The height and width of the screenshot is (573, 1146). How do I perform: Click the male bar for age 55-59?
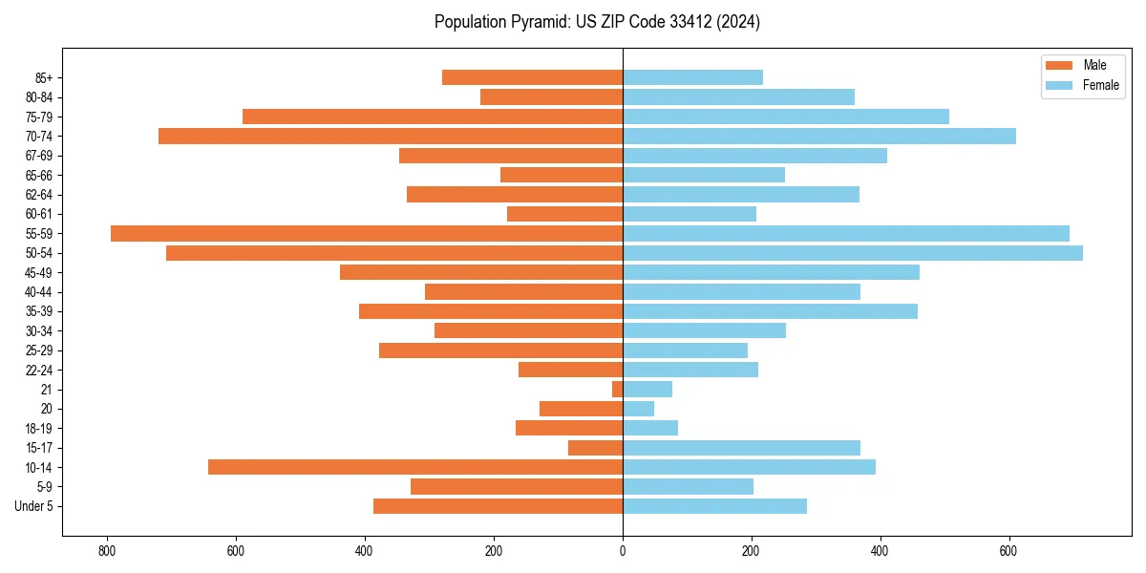pyautogui.click(x=367, y=233)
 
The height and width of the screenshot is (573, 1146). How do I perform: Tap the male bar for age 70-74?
pyautogui.click(x=391, y=136)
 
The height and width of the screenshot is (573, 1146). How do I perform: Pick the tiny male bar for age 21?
pyautogui.click(x=618, y=389)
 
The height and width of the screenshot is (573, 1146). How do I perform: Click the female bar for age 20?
pyautogui.click(x=638, y=409)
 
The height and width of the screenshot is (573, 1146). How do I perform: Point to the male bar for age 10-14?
pyautogui.click(x=415, y=467)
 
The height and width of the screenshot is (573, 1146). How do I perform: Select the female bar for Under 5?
pyautogui.click(x=714, y=506)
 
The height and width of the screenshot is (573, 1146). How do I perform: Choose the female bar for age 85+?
pyautogui.click(x=692, y=77)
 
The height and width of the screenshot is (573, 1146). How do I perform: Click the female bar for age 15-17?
pyautogui.click(x=741, y=448)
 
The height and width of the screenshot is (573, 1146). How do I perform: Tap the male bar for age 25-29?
pyautogui.click(x=500, y=350)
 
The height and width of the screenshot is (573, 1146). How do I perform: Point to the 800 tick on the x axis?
pyautogui.click(x=107, y=551)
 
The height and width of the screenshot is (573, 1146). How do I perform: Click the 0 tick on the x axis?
pyautogui.click(x=623, y=551)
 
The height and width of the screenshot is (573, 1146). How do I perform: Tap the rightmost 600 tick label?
pyautogui.click(x=1008, y=551)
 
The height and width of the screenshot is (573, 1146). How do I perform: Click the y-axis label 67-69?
pyautogui.click(x=39, y=156)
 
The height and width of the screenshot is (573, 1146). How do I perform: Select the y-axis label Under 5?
pyautogui.click(x=33, y=506)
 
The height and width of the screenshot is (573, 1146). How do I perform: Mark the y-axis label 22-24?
pyautogui.click(x=39, y=370)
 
